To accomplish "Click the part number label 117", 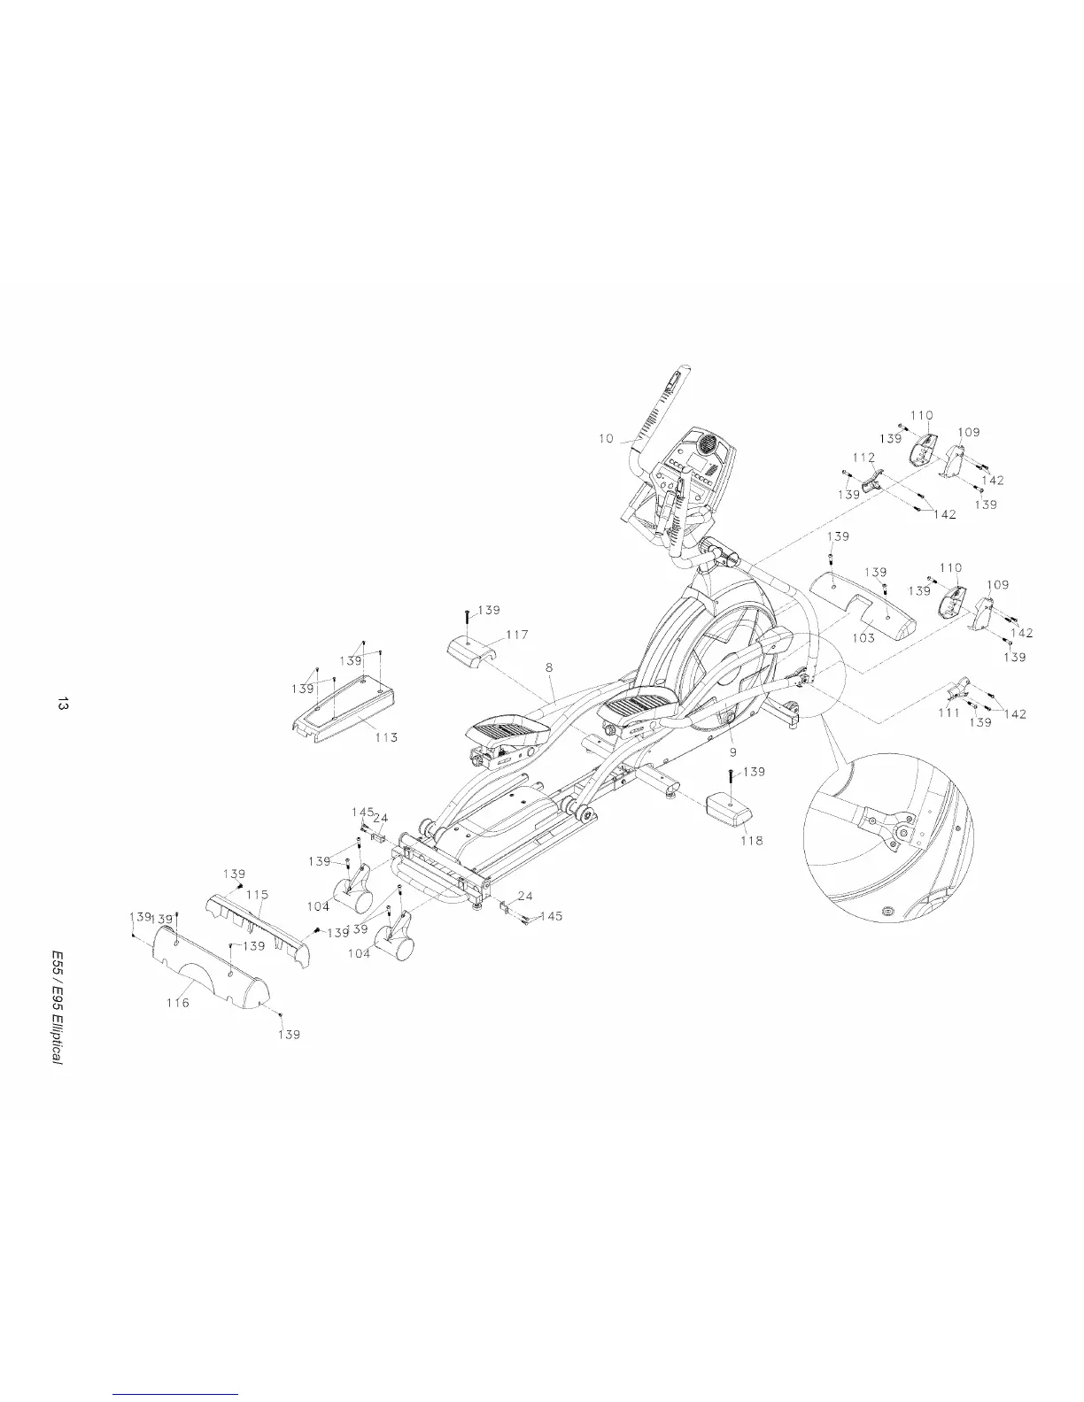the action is pos(517,635).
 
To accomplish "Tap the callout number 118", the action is pos(752,840).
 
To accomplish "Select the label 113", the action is pos(386,737).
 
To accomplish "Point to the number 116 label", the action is pos(178,1004).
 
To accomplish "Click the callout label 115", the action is pos(257,895).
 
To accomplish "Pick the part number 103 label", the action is pos(863,637).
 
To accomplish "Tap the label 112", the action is pos(864,458).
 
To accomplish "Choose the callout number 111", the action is pos(948,713).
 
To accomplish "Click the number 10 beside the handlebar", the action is pos(606,439).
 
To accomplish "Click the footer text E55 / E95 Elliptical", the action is pos(57,1006).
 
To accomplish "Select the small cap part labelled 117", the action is pos(468,650).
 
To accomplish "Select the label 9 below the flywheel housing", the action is pos(732,751).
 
